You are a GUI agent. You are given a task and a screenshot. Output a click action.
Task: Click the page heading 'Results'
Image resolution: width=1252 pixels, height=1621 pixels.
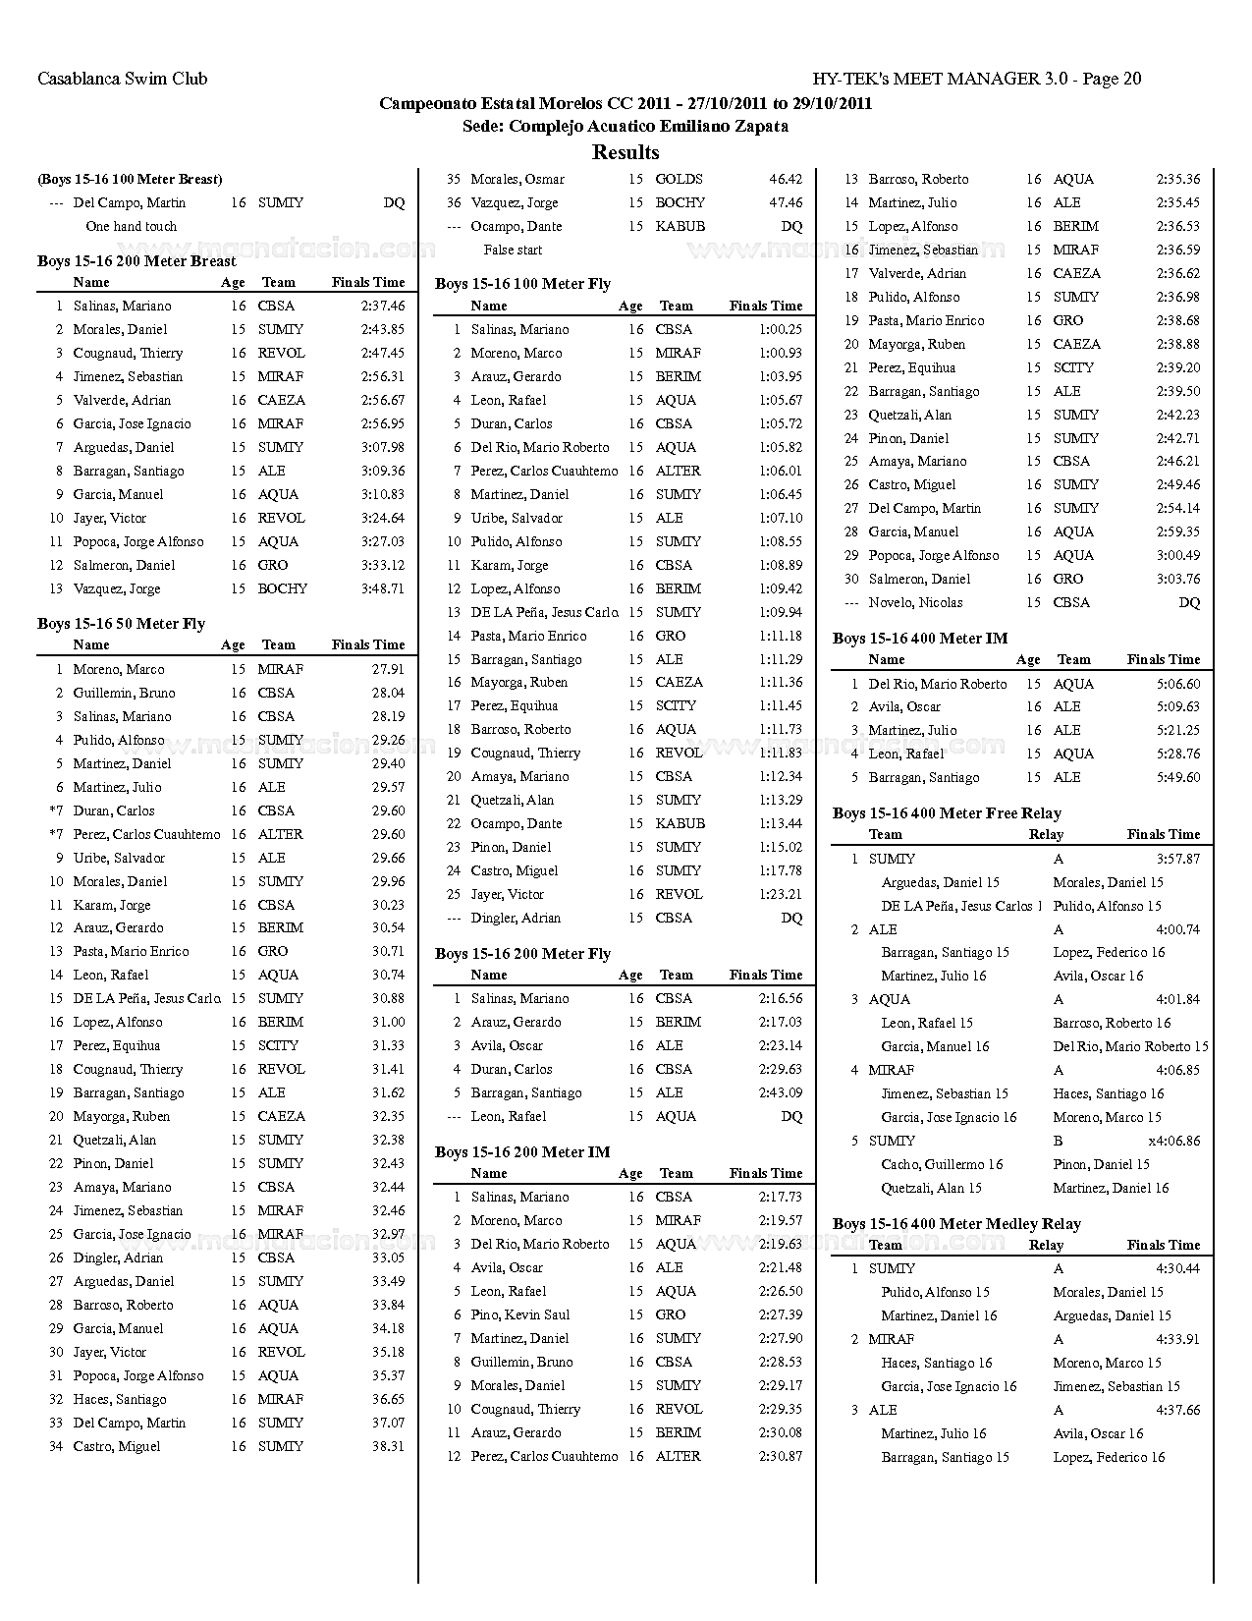pos(626,152)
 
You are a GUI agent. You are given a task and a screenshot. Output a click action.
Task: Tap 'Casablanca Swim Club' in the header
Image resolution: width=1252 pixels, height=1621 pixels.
pos(122,79)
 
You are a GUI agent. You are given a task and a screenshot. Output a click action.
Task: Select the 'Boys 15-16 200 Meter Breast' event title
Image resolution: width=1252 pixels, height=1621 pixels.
pos(136,261)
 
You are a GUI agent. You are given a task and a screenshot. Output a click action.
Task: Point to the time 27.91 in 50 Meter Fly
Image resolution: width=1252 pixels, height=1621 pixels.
pos(388,669)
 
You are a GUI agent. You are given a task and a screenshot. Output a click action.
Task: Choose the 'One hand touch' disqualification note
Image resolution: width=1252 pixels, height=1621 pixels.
pos(132,227)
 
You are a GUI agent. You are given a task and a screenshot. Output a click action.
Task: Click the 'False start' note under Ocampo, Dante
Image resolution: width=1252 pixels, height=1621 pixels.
pos(513,251)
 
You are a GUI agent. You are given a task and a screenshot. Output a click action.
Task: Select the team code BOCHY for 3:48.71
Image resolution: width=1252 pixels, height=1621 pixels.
pos(283,589)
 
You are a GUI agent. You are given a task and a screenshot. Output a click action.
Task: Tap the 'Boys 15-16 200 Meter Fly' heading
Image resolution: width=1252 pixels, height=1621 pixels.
pos(522,954)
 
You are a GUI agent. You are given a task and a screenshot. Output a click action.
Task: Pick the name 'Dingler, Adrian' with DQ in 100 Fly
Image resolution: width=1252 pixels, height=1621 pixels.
pos(516,919)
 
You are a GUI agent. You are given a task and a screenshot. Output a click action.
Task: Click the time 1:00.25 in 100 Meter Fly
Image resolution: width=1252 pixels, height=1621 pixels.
pos(780,330)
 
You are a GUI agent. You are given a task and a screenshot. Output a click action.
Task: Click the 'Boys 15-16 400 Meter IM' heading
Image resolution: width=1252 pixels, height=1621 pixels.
pos(920,639)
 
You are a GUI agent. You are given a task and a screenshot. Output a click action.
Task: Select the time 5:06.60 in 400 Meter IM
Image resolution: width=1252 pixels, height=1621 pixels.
pos(1177,685)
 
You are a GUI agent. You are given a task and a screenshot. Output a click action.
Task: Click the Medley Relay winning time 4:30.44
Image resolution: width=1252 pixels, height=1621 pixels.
pos(1177,1269)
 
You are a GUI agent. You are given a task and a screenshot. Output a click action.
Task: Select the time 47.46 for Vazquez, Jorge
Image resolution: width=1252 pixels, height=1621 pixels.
pos(785,203)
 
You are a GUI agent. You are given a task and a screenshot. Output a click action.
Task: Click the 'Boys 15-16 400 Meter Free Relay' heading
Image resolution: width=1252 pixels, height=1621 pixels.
pos(947,813)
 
